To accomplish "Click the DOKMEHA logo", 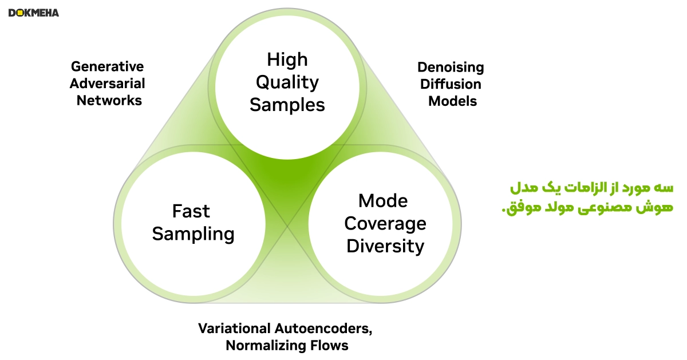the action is click(x=34, y=13).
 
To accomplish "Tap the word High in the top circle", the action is click(x=287, y=59).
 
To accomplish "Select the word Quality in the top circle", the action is click(x=287, y=83).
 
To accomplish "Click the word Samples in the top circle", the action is click(x=287, y=105).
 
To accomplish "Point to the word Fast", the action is click(x=191, y=211).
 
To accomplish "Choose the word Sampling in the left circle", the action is click(x=194, y=234).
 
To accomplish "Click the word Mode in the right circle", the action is click(x=383, y=201).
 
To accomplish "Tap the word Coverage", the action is click(x=385, y=224).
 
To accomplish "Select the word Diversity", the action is click(x=385, y=246).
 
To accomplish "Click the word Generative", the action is click(x=108, y=66).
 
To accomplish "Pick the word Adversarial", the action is click(x=108, y=84).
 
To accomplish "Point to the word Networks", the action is click(x=109, y=100).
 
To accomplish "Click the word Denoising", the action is click(x=451, y=68).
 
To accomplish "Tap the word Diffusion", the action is click(x=451, y=84).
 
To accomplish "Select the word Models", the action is click(x=453, y=101).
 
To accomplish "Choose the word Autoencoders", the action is click(x=323, y=329).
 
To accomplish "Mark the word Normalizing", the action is click(x=266, y=346).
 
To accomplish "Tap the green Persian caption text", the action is click(x=587, y=198).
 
